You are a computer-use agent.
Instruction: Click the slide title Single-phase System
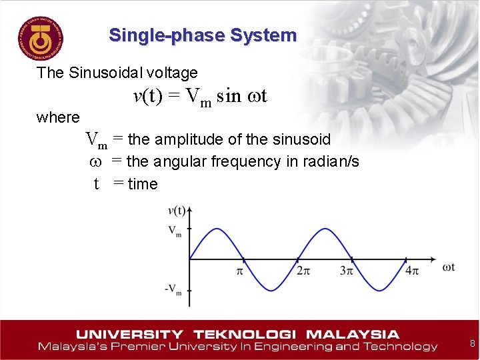click(203, 35)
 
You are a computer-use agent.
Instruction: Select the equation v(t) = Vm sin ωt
click(200, 97)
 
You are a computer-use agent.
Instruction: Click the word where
click(58, 118)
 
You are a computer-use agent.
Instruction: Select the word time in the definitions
click(143, 184)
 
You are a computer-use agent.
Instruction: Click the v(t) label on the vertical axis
click(177, 211)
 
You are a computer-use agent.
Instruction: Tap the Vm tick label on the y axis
click(175, 231)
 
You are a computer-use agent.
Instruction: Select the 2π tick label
click(303, 271)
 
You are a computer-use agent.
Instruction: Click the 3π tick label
click(347, 271)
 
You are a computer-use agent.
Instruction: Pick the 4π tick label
click(412, 271)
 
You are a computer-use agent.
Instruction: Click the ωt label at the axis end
click(449, 267)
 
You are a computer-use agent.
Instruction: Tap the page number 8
click(472, 344)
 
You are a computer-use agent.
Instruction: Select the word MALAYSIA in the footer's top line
click(353, 334)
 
